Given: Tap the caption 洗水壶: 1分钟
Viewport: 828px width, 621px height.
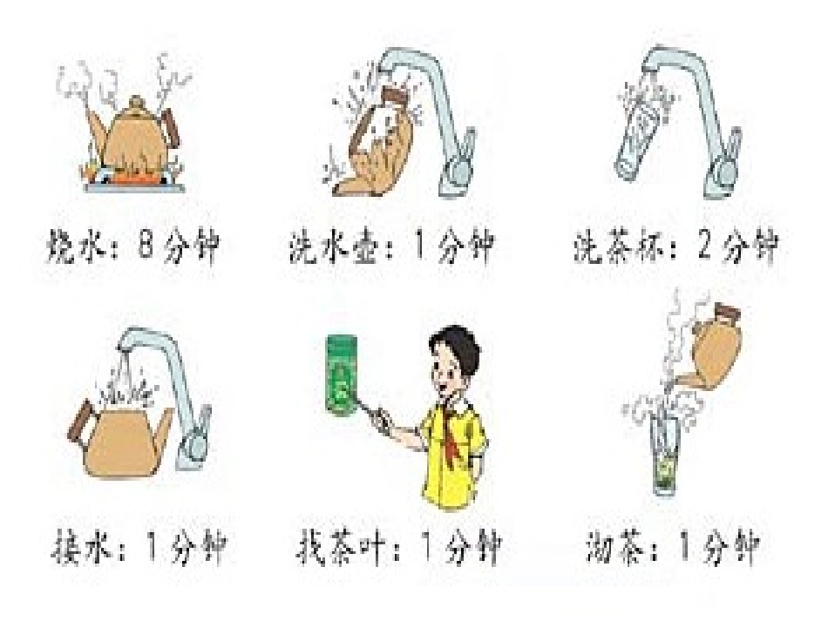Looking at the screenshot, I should [390, 249].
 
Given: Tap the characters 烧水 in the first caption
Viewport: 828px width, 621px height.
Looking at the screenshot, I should [82, 249].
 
